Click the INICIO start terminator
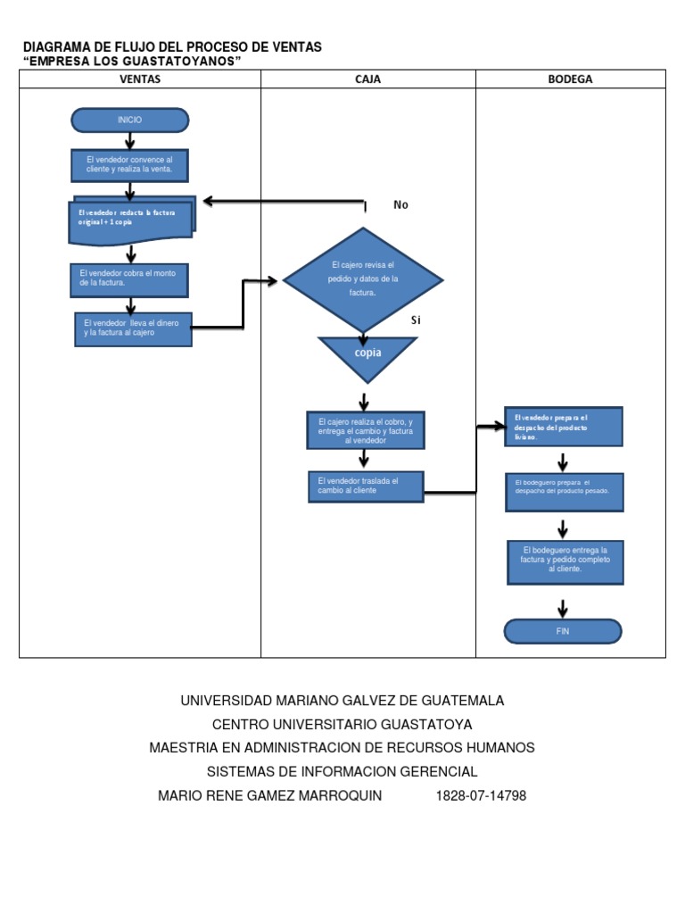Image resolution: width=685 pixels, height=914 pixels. pos(129,120)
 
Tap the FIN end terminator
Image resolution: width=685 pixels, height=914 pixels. pos(562,631)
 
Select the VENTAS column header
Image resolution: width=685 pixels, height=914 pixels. pos(140,79)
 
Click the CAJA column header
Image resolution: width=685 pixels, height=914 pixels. pos(367,79)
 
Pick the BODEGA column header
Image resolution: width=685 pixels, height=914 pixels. pos(570,79)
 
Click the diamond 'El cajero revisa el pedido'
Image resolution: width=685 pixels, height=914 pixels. pos(362,279)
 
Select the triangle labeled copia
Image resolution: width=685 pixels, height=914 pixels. pos(367,354)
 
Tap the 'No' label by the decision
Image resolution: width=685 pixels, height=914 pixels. pos(400,205)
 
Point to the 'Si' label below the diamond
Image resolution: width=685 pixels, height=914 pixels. pos(415,320)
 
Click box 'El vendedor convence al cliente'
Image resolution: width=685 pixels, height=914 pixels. pos(129,164)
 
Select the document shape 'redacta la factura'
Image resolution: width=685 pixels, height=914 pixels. pos(131,219)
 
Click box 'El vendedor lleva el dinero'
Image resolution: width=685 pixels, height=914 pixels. pos(133,328)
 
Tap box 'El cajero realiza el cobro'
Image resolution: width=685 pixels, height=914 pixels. pos(364,430)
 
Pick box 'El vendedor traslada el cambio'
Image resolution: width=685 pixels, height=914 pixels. pos(366,487)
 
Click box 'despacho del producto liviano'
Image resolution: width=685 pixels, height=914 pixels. pos(563,427)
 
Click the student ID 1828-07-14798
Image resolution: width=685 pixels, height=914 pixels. pos(481,795)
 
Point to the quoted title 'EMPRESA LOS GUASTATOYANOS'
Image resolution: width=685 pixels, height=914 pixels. pos(132,60)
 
